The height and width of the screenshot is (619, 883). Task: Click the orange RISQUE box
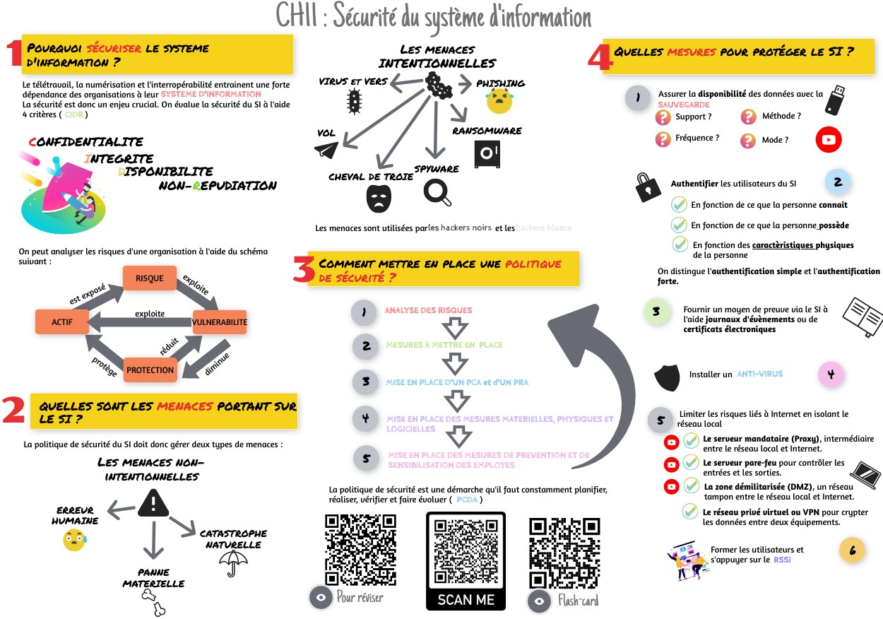pos(149,278)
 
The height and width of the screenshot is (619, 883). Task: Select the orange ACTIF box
pos(62,322)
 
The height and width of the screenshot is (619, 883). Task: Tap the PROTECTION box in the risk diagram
pos(150,370)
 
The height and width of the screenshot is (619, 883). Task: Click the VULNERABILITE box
pos(220,322)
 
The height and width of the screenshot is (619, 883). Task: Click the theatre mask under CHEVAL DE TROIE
pos(379,199)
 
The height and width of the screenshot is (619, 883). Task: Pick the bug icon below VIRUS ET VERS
pos(353,101)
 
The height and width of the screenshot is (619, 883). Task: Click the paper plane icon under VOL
pos(326,150)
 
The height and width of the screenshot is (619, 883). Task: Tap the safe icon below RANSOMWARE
pos(487,152)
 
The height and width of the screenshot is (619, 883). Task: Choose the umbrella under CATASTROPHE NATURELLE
pos(232,564)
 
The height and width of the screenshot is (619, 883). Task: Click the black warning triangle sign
pos(153,502)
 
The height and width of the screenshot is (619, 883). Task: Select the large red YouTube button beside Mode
pos(829,139)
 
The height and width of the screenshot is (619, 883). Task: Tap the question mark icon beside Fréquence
pos(663,139)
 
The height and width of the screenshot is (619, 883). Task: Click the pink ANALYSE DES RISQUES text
pos(428,310)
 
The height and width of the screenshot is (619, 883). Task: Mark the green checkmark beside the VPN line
pos(690,511)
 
